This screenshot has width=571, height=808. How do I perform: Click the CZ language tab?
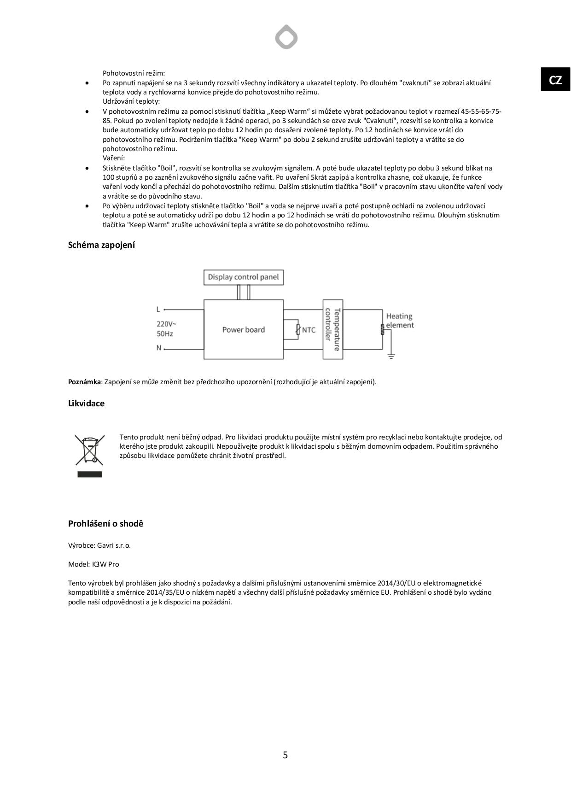pos(555,80)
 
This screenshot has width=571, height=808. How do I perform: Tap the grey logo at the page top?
pos(286,37)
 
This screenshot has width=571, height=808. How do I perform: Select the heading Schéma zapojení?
pos(101,245)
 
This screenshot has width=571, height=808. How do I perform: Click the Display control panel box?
pos(243,277)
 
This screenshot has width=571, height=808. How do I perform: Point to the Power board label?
pos(243,330)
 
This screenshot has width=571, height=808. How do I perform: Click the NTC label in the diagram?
pos(309,330)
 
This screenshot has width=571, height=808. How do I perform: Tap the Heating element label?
pos(399,321)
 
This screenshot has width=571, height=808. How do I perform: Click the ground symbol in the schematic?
pos(390,356)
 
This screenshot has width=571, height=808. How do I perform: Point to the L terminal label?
pos(158,309)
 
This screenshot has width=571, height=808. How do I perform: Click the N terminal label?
pos(159,348)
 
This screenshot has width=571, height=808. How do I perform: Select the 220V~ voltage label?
pos(166,324)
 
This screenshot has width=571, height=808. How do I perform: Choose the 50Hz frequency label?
pos(165,334)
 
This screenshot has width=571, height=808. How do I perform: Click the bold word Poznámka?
pos(84,382)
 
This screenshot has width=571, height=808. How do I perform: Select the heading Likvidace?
pos(86,404)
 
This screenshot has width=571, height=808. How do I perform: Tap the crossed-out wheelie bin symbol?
pos(90,450)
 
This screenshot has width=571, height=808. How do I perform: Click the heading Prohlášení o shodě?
pos(105,524)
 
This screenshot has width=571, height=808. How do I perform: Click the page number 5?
pos(285,755)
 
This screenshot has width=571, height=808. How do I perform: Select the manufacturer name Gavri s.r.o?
pos(114,545)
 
